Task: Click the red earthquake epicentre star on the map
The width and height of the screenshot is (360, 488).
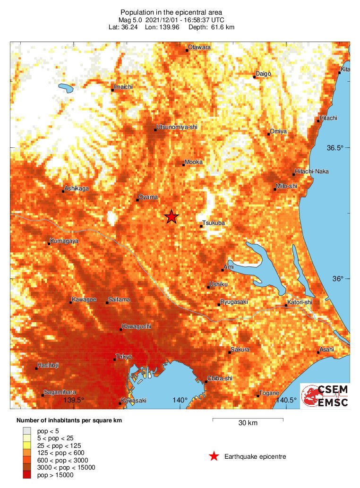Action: click(x=171, y=216)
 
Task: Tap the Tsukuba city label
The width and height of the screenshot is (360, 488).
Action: click(x=214, y=223)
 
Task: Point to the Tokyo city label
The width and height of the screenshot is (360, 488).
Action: click(x=124, y=356)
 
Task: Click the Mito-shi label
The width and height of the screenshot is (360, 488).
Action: click(x=286, y=186)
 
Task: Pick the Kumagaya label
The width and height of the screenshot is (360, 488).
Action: click(x=65, y=241)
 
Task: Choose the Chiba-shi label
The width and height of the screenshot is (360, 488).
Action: click(x=221, y=378)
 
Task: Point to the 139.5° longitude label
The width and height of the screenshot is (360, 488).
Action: click(x=74, y=400)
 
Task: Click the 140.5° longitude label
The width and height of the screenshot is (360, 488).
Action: click(x=286, y=400)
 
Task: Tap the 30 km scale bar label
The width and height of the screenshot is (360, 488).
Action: click(x=248, y=423)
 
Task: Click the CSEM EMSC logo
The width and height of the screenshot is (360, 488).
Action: click(x=326, y=396)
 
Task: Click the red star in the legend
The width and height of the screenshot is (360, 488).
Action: click(x=214, y=456)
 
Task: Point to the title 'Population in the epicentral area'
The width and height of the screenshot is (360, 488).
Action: click(x=171, y=12)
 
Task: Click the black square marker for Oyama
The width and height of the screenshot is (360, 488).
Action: click(x=137, y=200)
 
